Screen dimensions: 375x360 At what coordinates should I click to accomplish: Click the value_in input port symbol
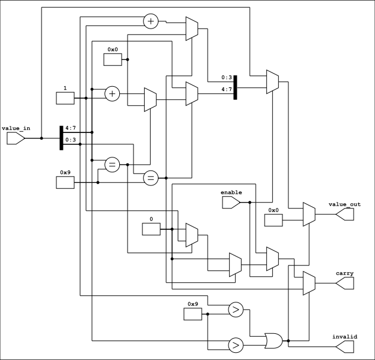pos(15,138)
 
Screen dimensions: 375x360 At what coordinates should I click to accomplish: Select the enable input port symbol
pos(231,203)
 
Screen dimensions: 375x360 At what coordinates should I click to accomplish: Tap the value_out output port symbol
pos(345,214)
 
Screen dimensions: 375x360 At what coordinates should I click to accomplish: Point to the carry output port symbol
pos(345,283)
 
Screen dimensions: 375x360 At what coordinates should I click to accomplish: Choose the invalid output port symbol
pos(345,346)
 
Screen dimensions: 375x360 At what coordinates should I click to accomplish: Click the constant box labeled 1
pos(65,98)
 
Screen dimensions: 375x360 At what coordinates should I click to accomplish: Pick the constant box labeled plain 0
pos(151,229)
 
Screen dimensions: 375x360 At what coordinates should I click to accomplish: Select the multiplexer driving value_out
pos(309,214)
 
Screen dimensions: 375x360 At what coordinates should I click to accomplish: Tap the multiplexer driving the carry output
pos(309,283)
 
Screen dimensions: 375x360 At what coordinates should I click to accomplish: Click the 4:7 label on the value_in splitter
pos(71,128)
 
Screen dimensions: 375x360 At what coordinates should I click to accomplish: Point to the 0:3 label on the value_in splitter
pos(71,140)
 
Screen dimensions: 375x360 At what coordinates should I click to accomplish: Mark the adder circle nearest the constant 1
pos(112,94)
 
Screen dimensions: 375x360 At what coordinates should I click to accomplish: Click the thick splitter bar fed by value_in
pos(62,138)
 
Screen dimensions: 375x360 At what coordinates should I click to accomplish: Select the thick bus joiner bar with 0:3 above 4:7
pos(236,87)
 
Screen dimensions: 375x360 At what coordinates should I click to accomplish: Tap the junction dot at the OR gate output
pos(288,340)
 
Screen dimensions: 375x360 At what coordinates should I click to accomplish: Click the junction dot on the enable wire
pos(250,203)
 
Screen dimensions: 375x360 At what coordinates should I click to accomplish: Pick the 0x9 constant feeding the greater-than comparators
pos(193,314)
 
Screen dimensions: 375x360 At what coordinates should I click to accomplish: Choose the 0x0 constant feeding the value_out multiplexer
pos(274,220)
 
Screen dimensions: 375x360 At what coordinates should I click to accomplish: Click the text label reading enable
pos(231,192)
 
